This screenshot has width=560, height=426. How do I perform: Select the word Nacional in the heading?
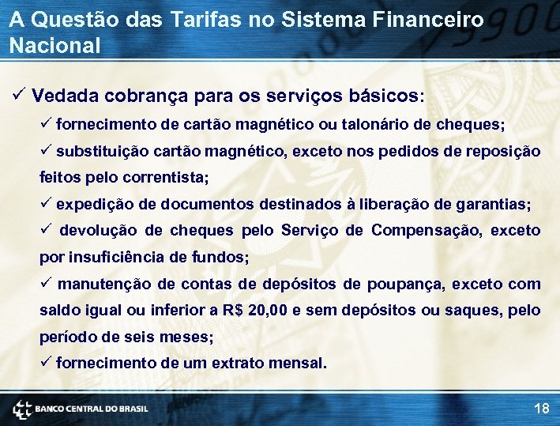[x=55, y=45]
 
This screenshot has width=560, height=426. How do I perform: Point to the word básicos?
[x=385, y=96]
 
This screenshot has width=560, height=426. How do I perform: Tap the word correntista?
[x=166, y=177]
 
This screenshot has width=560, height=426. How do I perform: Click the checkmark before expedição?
[x=46, y=204]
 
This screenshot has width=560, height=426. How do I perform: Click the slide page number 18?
[x=541, y=409]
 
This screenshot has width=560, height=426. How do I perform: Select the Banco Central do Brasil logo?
[x=79, y=409]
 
